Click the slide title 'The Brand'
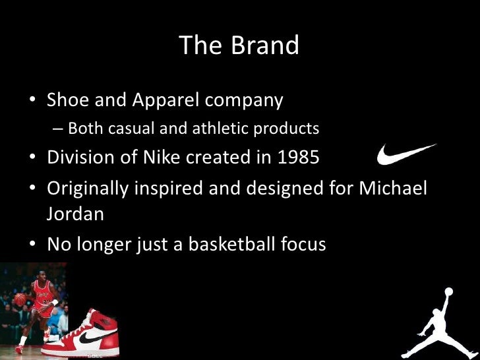239,45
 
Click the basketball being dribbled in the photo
19,300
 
